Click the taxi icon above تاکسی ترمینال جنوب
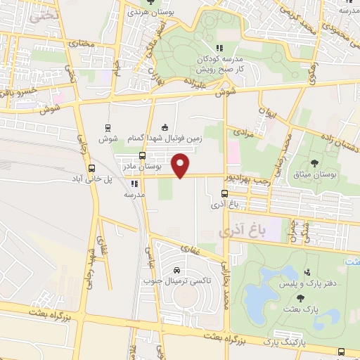[176, 271]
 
